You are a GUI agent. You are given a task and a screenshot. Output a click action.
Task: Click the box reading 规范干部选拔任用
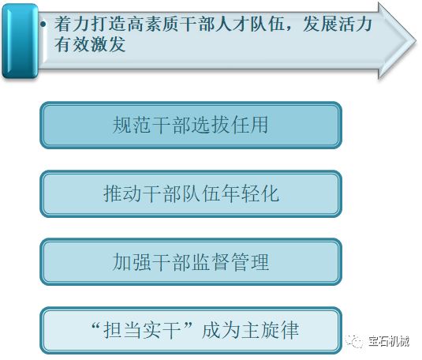[191, 125]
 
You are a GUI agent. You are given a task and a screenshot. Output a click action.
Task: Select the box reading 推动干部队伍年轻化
[191, 193]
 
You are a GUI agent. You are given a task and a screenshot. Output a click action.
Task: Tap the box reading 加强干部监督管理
[191, 262]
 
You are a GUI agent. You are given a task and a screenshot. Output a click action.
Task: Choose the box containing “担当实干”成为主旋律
[191, 330]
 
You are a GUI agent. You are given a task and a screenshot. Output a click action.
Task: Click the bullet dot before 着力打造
[43, 24]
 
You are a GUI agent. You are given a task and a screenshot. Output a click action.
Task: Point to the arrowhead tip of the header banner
[416, 41]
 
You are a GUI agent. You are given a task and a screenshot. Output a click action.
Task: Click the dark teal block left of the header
[20, 41]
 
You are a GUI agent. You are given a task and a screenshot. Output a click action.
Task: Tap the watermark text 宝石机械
[389, 341]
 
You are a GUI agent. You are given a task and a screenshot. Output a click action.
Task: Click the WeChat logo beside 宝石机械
[354, 341]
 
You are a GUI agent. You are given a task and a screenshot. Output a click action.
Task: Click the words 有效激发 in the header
[90, 44]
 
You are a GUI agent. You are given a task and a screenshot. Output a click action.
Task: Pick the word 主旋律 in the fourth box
[270, 330]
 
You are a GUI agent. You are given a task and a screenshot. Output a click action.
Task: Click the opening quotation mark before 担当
[96, 325]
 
